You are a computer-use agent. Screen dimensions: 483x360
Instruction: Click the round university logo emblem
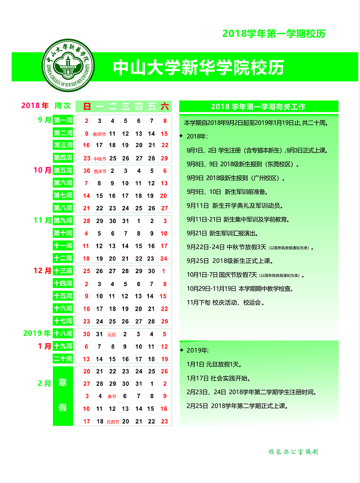(x=68, y=66)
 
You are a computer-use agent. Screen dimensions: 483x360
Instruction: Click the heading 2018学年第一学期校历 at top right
(x=273, y=34)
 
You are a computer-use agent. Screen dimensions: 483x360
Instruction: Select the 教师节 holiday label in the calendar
(x=99, y=134)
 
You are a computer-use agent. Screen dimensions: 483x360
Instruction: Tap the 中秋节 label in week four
(x=100, y=159)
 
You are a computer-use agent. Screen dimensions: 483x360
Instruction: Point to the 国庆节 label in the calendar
(x=100, y=171)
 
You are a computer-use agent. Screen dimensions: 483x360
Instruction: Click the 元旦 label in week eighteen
(x=112, y=334)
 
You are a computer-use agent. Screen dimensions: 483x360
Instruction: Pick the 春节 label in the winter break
(x=112, y=397)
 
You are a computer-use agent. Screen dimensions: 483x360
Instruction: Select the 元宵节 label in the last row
(x=112, y=422)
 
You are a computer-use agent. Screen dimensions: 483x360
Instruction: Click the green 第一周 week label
(x=63, y=121)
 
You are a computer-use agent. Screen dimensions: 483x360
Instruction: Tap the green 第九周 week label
(x=63, y=221)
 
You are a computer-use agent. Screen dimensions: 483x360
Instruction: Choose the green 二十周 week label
(x=63, y=359)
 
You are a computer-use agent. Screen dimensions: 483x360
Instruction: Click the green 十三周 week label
(x=63, y=271)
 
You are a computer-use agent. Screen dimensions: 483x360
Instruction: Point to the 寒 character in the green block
(x=63, y=383)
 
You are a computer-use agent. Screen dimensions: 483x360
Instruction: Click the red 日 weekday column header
(x=87, y=106)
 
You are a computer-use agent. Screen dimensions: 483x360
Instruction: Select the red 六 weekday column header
(x=164, y=106)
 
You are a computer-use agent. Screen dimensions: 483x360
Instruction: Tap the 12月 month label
(x=42, y=270)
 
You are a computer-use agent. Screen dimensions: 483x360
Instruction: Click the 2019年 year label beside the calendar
(x=37, y=333)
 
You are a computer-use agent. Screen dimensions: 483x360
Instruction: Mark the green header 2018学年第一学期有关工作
(x=258, y=106)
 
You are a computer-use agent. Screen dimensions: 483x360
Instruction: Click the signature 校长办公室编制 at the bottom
(x=293, y=452)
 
